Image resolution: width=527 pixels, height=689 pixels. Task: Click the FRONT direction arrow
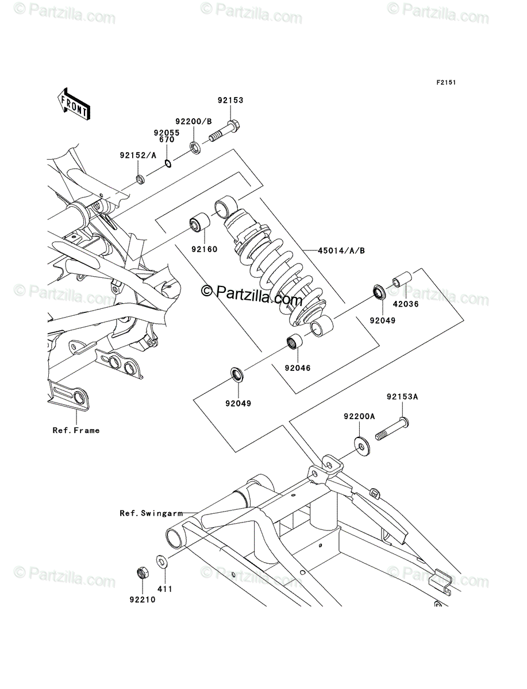point(74,104)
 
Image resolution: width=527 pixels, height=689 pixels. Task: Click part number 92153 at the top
point(231,100)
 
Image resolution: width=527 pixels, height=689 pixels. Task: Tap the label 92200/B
point(194,122)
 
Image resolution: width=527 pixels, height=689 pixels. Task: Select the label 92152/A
point(138,156)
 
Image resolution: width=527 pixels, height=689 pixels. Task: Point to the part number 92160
point(205,249)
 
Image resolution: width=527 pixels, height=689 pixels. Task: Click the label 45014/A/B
point(341,251)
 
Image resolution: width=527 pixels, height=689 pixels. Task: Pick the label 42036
point(406,304)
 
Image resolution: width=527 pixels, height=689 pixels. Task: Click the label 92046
point(298,367)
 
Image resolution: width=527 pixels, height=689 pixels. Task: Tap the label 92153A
point(402,397)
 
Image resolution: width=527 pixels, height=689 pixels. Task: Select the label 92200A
point(360,416)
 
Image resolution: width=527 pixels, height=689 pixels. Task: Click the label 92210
point(143,600)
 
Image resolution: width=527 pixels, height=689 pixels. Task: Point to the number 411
point(165,589)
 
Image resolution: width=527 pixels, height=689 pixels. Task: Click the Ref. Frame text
point(76,431)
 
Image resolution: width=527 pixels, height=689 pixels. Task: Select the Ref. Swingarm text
point(151,513)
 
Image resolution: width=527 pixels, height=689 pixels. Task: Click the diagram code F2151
point(446,83)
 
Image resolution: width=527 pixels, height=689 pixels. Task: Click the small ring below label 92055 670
point(168,164)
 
